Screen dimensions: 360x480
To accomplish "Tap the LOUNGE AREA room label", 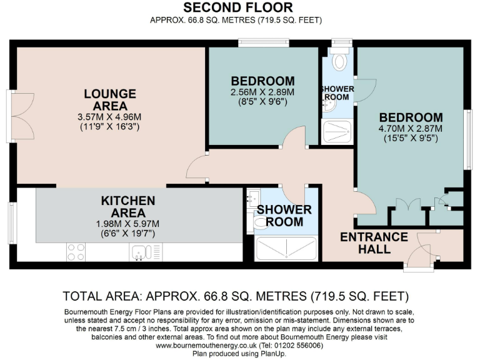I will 110,99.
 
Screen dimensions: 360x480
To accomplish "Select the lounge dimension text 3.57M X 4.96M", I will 110,117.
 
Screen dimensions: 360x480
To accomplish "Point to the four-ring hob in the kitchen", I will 76,251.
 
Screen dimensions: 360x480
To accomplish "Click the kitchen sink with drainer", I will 141,252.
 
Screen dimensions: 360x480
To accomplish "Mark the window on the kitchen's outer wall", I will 12,223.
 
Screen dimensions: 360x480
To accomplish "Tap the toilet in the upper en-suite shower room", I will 339,61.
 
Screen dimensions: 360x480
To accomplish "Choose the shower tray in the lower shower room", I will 287,248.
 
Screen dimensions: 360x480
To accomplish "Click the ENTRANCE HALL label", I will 374,243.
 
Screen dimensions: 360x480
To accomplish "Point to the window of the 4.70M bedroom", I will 466,140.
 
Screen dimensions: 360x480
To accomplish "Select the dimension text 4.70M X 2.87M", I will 411,129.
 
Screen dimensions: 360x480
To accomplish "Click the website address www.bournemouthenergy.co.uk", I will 207,345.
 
